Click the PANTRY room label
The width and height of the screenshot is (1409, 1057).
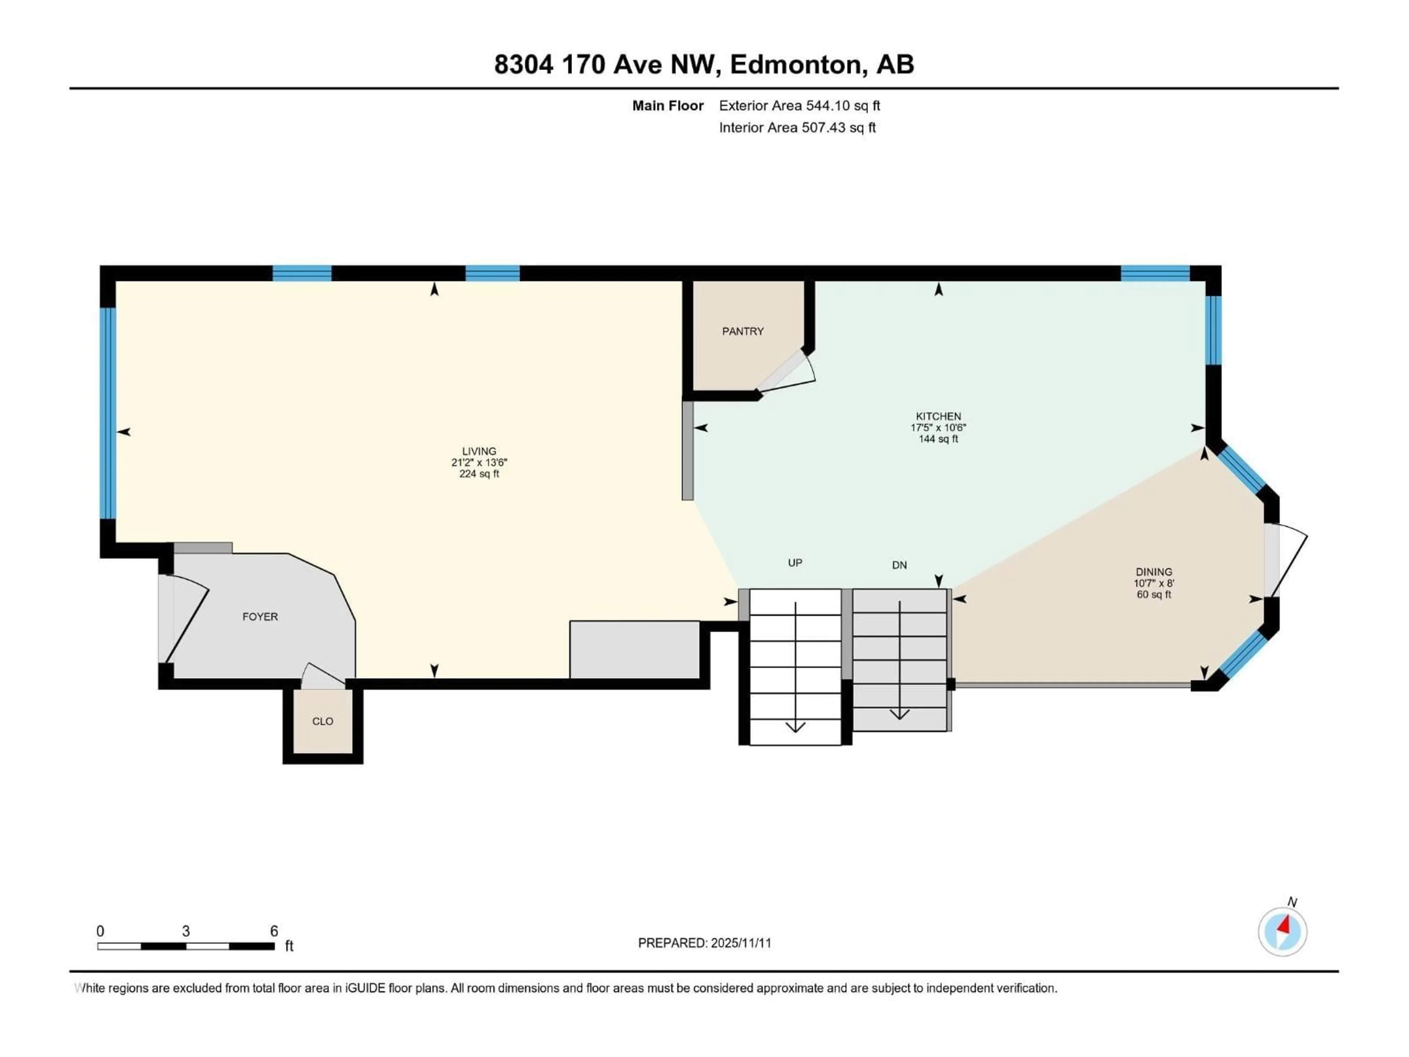tap(743, 331)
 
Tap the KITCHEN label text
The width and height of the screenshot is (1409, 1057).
tap(938, 416)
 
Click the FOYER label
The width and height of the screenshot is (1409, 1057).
tap(260, 616)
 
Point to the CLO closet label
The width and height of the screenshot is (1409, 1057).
tap(322, 721)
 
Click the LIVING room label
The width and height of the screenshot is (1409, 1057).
tap(479, 451)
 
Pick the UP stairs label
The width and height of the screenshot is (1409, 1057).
tap(795, 563)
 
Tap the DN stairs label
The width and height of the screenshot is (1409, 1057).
tap(899, 565)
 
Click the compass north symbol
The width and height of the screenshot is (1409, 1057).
tap(1282, 931)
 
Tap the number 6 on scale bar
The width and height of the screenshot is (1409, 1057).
tap(274, 931)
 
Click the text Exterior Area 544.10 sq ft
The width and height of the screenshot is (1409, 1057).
tap(800, 106)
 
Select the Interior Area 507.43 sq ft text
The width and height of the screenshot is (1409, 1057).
tap(797, 127)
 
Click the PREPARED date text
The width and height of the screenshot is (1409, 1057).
tap(704, 943)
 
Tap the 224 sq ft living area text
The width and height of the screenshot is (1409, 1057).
tap(479, 474)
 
